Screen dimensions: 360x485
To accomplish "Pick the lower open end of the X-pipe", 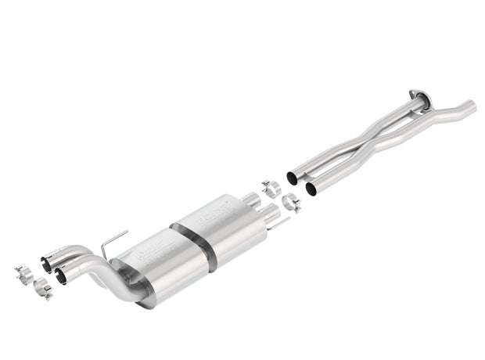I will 311,189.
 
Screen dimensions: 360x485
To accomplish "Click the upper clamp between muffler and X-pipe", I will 271,189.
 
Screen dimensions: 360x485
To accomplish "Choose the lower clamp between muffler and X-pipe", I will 291,203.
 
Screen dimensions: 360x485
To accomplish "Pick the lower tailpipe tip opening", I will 60,276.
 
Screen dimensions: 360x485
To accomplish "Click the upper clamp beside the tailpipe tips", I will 23,275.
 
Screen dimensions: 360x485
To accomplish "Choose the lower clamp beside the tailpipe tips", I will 43,290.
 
